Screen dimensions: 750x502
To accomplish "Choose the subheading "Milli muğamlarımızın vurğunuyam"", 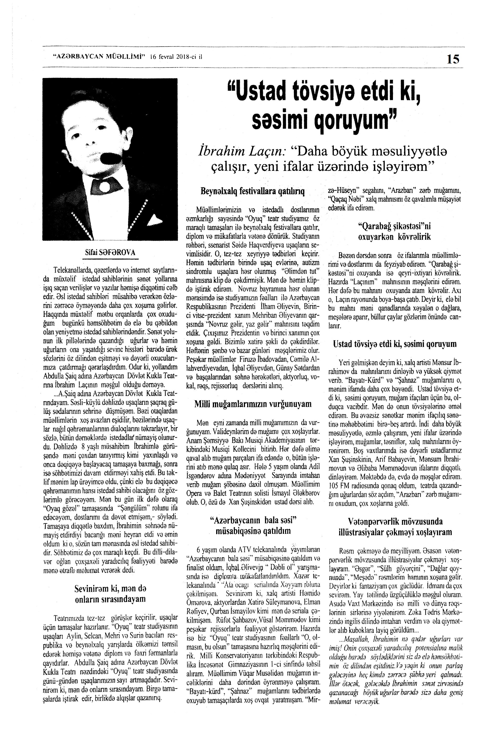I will click(253, 404).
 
